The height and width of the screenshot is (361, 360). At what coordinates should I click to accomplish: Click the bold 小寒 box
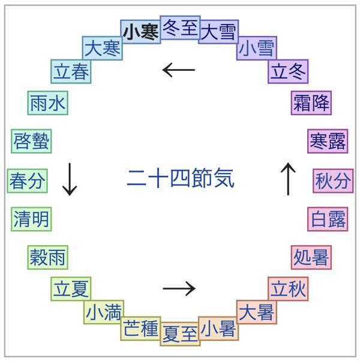(140, 32)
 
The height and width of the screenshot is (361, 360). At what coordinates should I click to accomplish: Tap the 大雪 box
(218, 32)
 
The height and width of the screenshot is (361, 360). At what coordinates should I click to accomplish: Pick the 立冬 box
(288, 71)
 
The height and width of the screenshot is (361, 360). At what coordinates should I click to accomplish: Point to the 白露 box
(328, 219)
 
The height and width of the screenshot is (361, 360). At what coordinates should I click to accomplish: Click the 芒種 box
(140, 329)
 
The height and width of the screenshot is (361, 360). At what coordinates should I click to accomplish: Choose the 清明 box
(31, 219)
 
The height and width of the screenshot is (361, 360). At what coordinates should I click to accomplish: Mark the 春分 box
(27, 181)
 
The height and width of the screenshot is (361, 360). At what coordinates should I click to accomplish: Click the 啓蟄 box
(31, 142)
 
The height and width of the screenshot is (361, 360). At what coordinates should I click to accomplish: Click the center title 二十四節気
(180, 178)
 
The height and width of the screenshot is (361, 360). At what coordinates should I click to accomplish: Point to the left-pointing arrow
(179, 70)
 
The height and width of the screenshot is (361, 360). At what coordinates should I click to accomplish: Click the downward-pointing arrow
(70, 179)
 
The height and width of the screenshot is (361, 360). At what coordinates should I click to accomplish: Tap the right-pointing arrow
(179, 289)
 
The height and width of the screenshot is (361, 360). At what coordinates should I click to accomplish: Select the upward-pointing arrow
(289, 179)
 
